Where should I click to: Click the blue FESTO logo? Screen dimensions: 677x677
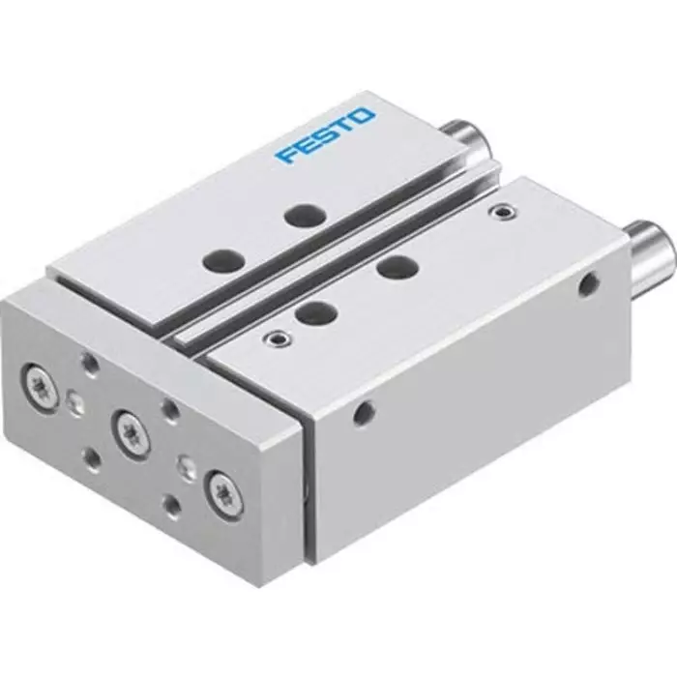tap(323, 136)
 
